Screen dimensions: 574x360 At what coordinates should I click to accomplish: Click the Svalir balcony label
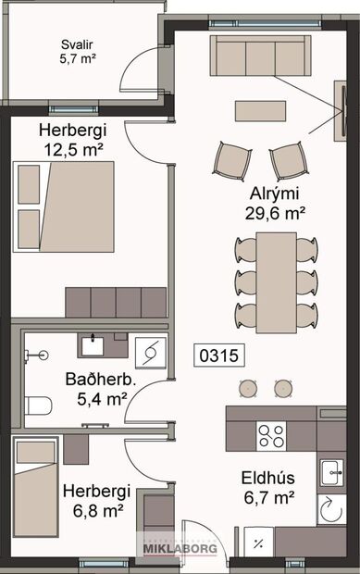(x=79, y=44)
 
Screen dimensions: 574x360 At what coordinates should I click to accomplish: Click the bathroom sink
(x=93, y=345)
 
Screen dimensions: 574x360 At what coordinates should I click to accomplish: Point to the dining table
(x=277, y=281)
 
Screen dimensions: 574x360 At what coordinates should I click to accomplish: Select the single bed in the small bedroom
(x=37, y=491)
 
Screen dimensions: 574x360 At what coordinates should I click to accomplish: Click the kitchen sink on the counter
(x=330, y=473)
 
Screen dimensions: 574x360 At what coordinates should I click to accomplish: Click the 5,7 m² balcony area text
(x=78, y=58)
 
